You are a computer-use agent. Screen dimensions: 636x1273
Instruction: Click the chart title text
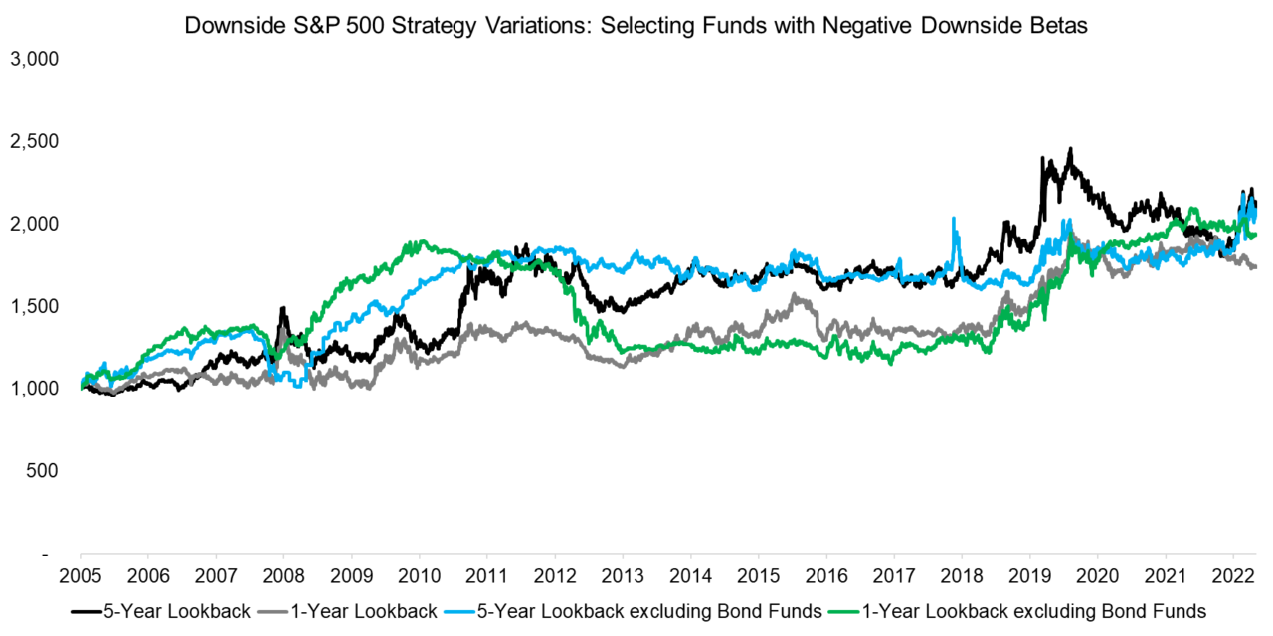pyautogui.click(x=636, y=26)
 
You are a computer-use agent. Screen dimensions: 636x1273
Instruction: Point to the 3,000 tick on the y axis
pyautogui.click(x=35, y=59)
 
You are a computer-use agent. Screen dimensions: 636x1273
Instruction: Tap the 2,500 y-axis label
pyautogui.click(x=35, y=141)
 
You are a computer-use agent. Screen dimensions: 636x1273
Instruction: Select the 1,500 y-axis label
pyautogui.click(x=35, y=305)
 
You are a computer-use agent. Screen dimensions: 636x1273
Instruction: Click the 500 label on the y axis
pyautogui.click(x=45, y=469)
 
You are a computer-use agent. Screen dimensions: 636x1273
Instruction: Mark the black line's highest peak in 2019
pyautogui.click(x=1070, y=149)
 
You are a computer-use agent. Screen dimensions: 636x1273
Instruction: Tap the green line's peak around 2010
pyautogui.click(x=418, y=241)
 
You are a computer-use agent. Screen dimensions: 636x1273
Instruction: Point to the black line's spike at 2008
pyautogui.click(x=282, y=308)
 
